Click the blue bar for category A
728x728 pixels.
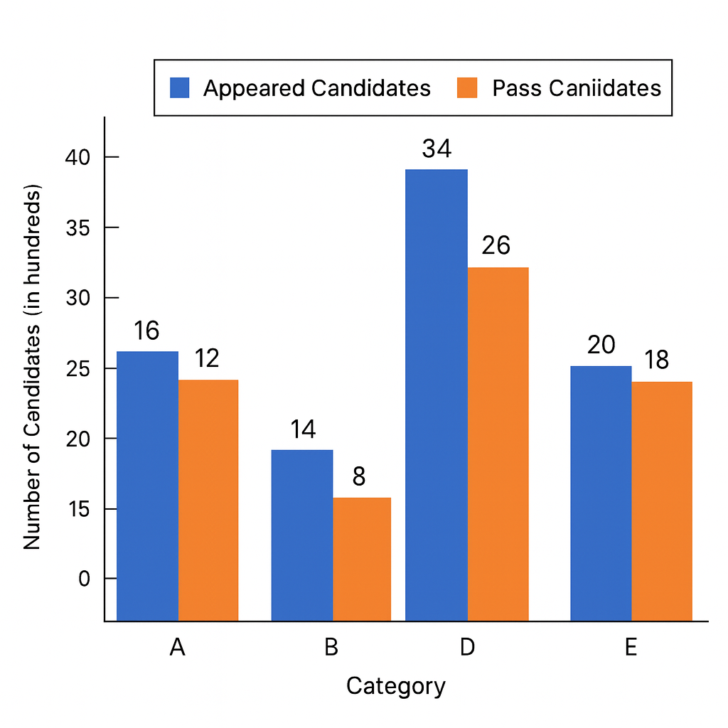147,486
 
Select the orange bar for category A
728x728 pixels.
208,500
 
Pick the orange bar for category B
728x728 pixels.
362,560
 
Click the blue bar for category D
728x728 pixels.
437,395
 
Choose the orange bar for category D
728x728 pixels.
498,444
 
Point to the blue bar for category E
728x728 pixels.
601,493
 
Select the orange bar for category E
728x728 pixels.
662,501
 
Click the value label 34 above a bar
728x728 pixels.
437,149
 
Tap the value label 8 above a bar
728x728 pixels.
359,476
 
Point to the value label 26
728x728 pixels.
496,245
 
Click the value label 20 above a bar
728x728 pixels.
601,345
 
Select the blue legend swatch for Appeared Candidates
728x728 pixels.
179,87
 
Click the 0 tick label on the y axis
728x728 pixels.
85,579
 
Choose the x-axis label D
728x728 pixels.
467,648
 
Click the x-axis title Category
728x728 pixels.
396,686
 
